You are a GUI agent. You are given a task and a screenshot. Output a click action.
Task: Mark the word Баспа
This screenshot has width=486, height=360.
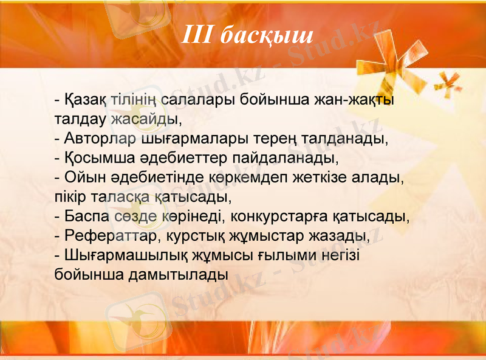coord(86,217)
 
